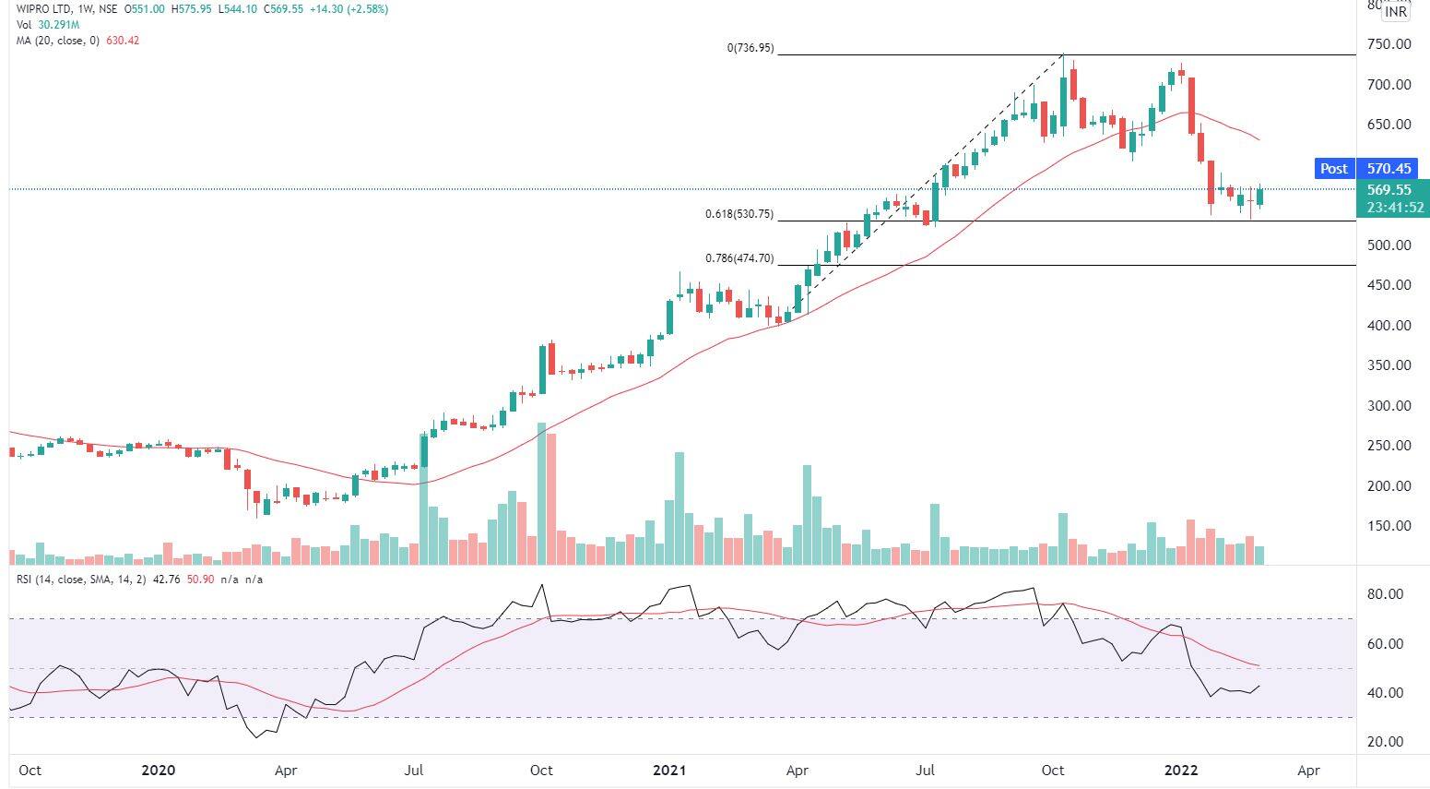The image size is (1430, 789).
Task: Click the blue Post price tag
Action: (x=1333, y=169)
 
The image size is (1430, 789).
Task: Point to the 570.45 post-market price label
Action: (x=1389, y=169)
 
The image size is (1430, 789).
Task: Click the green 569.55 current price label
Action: (x=1389, y=190)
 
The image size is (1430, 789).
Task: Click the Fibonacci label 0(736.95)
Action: (x=750, y=48)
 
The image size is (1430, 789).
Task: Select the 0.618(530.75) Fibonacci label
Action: (x=739, y=215)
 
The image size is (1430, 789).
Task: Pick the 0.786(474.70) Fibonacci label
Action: (x=739, y=259)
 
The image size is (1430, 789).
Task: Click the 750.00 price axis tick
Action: (x=1389, y=44)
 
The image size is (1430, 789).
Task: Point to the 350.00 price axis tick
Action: (x=1389, y=365)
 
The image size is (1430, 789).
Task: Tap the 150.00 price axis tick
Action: (x=1389, y=526)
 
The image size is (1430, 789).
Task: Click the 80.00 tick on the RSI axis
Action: (x=1385, y=594)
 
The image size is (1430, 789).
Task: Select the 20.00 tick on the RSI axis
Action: (x=1385, y=742)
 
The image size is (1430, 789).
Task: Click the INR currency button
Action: (x=1395, y=13)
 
